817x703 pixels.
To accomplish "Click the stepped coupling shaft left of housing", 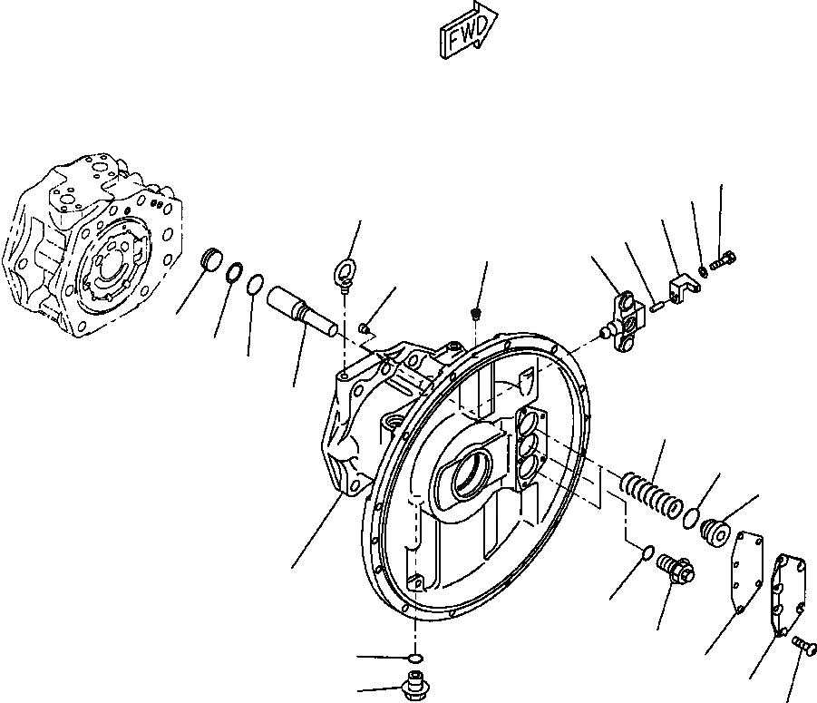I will (x=302, y=310).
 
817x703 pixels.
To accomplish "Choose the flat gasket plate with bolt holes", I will (x=744, y=571).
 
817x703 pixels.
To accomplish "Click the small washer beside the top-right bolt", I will (x=705, y=269).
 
